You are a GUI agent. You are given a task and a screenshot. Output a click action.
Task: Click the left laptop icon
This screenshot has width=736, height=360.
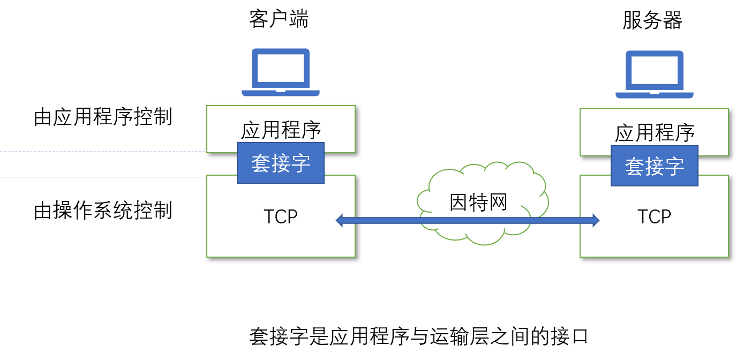tap(281, 72)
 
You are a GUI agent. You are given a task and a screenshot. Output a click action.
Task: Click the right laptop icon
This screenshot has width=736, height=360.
tap(655, 74)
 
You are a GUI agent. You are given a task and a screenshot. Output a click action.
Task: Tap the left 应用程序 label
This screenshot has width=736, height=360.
tap(281, 130)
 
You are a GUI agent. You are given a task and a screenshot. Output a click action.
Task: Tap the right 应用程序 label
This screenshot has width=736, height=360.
tap(655, 133)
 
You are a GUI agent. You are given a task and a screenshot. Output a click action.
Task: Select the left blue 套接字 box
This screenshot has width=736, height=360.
tap(281, 163)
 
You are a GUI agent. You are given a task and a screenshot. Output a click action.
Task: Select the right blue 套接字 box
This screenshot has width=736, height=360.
tap(655, 166)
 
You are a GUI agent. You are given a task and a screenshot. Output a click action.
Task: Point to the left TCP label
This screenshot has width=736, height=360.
tap(281, 216)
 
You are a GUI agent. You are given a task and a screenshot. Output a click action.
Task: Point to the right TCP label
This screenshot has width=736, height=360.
tap(655, 216)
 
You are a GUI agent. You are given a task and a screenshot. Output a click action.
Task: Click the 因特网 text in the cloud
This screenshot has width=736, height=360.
tap(478, 202)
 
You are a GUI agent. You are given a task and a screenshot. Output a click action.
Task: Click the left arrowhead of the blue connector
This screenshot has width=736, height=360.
tap(340, 220)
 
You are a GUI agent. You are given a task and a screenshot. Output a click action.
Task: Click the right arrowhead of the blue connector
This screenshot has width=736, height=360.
tap(595, 220)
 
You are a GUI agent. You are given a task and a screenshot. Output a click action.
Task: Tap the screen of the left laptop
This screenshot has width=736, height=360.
tap(281, 68)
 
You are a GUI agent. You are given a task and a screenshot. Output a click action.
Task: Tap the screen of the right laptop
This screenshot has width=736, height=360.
tap(655, 70)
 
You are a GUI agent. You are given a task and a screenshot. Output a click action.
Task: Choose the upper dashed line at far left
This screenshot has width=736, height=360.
tap(102, 152)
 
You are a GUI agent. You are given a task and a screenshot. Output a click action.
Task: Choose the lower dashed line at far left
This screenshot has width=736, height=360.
tap(102, 177)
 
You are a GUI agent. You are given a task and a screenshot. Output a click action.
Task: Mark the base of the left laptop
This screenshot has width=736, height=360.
tap(281, 93)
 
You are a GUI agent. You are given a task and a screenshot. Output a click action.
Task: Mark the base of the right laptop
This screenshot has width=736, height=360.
tap(655, 95)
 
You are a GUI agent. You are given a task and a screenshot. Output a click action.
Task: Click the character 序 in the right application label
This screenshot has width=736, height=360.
tap(685, 133)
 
